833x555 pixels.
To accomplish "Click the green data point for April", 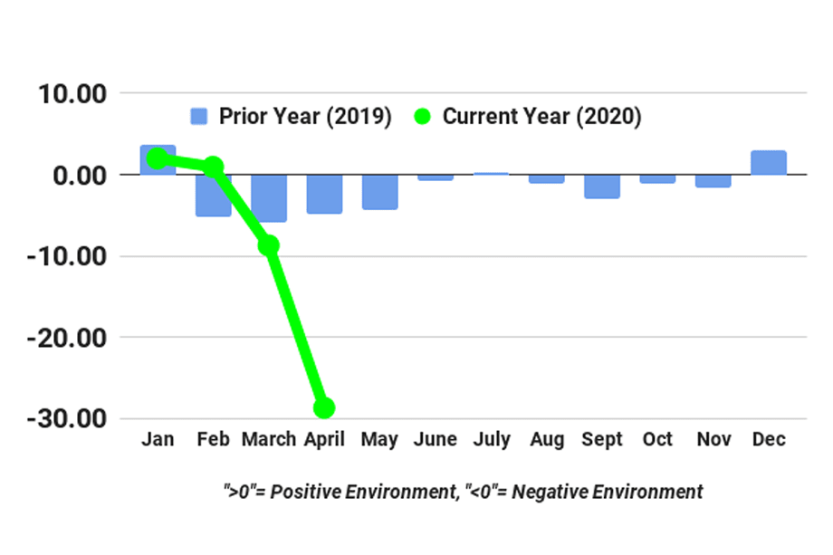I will click(x=324, y=407).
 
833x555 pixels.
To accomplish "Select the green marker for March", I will click(x=269, y=244).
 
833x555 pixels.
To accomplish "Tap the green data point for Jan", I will click(x=158, y=159).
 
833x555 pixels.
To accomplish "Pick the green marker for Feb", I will click(x=214, y=167).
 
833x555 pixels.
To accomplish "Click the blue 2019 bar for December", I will click(x=768, y=163).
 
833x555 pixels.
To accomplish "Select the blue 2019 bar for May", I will click(x=379, y=192).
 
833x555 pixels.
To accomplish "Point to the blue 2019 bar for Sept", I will click(x=601, y=186).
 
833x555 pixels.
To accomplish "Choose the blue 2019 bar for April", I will click(x=324, y=194).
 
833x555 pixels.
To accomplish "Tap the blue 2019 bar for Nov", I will click(x=713, y=180).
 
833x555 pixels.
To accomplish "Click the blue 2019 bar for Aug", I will click(x=546, y=178).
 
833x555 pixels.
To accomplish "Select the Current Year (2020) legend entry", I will click(x=529, y=117).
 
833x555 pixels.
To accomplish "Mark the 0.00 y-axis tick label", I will click(x=79, y=175).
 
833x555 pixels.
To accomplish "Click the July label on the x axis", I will click(x=491, y=440).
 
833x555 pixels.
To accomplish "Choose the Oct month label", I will click(x=657, y=440).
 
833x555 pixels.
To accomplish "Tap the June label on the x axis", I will click(x=436, y=440).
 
